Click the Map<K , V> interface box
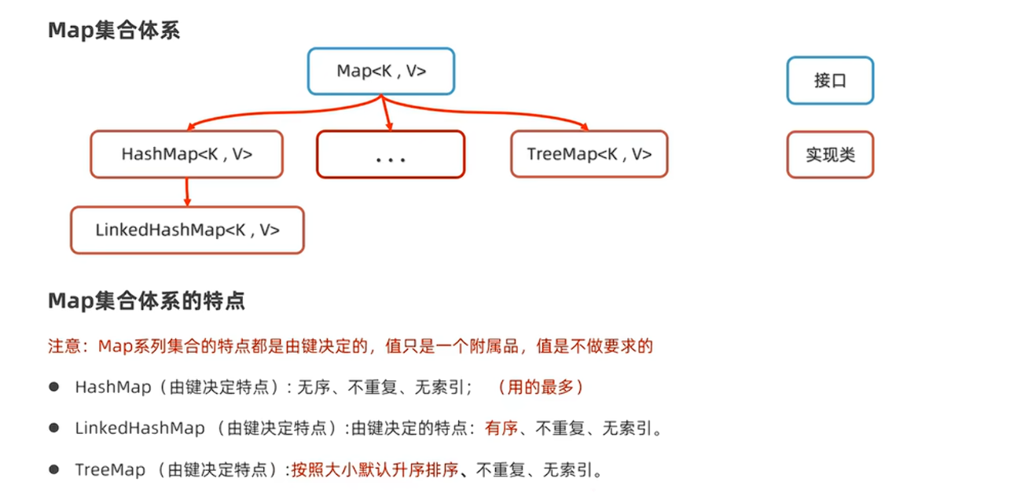point(380,72)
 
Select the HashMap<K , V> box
point(186,154)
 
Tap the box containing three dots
point(390,155)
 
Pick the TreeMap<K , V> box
point(589,154)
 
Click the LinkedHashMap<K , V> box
point(187,230)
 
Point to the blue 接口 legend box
point(830,80)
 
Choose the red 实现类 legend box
point(830,155)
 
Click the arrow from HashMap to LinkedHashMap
point(187,193)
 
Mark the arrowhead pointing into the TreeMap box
point(584,127)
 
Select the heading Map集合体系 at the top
point(114,31)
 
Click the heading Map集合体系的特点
point(146,301)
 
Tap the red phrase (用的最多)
point(541,387)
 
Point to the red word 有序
point(501,428)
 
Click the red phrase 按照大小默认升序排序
point(375,470)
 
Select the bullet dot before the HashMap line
point(54,387)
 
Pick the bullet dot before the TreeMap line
point(54,469)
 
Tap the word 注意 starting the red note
point(65,346)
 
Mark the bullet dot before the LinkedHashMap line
point(54,428)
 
